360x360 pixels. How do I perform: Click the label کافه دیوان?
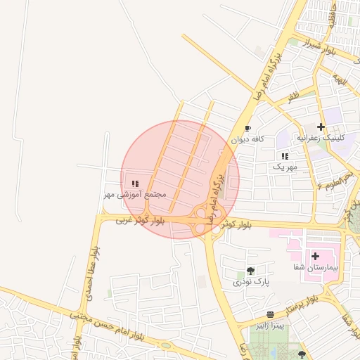point(250,139)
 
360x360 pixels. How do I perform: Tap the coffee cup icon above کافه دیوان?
point(247,129)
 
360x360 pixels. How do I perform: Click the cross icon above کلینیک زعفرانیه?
point(321,127)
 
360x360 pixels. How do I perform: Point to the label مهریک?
point(285,167)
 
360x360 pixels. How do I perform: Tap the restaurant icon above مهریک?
point(285,156)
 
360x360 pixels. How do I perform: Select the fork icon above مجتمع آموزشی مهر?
point(135,184)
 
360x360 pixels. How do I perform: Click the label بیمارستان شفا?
point(316,268)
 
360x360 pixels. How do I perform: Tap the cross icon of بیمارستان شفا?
point(315,257)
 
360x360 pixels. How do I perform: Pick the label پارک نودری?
point(252,282)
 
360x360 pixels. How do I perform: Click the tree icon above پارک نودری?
point(251,271)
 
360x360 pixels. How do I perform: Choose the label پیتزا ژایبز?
point(270,326)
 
